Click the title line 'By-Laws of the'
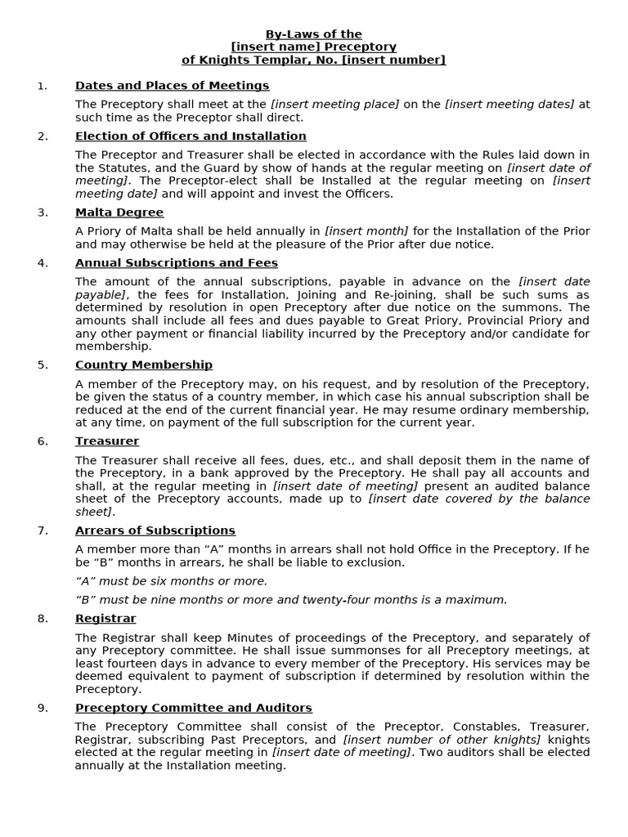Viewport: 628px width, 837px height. coord(313,34)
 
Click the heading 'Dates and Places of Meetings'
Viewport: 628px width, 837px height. coord(172,86)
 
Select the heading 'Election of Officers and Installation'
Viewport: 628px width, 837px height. coord(191,137)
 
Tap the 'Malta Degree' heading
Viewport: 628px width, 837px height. coord(119,213)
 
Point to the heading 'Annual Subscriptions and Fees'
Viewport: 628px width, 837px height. coord(177,263)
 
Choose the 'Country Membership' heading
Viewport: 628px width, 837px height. coord(144,365)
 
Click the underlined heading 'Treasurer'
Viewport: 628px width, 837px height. coord(107,441)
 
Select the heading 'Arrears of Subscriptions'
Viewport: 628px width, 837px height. coord(155,530)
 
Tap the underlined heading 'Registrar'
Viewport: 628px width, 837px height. coord(105,619)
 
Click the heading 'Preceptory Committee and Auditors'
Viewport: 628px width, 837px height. coord(194,708)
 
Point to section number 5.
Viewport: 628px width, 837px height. coord(43,365)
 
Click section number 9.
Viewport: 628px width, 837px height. coord(43,708)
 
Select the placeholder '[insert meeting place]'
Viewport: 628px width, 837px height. coord(335,104)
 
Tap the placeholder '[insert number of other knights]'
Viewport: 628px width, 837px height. coord(442,740)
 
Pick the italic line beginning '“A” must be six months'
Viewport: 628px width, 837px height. coord(171,581)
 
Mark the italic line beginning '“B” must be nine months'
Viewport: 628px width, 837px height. coord(291,600)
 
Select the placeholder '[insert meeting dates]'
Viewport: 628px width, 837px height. coord(509,104)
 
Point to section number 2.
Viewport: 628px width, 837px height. coord(43,137)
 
